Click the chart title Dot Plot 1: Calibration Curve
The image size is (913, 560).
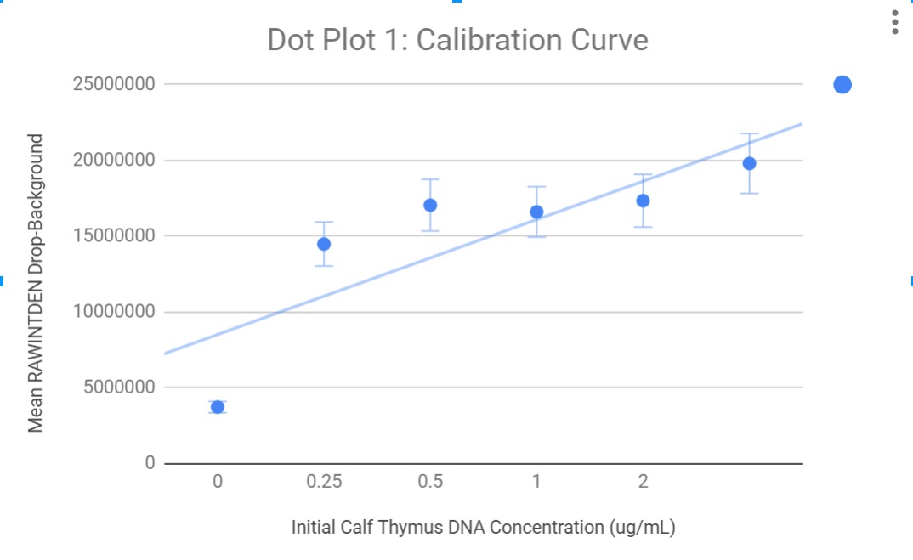[457, 40]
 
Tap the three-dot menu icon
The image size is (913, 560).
[894, 22]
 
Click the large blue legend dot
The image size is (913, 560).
[842, 84]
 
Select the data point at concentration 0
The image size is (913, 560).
[218, 407]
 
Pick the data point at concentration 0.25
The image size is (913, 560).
[324, 244]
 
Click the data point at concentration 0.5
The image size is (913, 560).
[430, 205]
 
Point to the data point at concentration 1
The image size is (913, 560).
[536, 212]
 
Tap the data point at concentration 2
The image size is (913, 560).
[643, 201]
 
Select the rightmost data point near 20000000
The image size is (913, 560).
[749, 163]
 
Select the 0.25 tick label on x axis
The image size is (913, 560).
[324, 482]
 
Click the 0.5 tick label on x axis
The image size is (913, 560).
[430, 482]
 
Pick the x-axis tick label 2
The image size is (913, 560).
[643, 482]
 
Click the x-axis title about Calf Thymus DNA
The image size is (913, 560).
[483, 527]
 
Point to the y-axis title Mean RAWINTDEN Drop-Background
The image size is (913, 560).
[36, 282]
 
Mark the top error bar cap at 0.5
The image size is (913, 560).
[430, 179]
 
